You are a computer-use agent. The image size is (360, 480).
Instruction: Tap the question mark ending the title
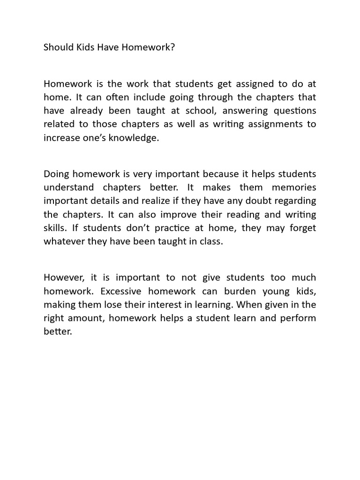173,47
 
